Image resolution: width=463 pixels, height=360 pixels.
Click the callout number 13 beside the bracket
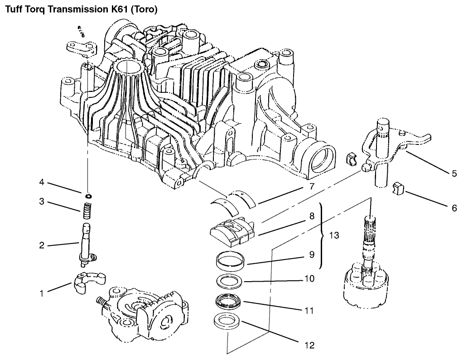[x=334, y=235]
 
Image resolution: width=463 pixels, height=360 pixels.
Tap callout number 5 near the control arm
[x=454, y=173]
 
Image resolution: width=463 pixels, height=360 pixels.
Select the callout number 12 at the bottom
[x=309, y=345]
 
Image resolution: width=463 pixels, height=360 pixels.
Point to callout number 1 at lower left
[x=42, y=293]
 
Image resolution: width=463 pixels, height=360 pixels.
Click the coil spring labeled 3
[x=86, y=211]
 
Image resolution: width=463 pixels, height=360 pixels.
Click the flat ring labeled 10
[x=229, y=281]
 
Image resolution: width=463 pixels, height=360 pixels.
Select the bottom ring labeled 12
[x=227, y=321]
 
